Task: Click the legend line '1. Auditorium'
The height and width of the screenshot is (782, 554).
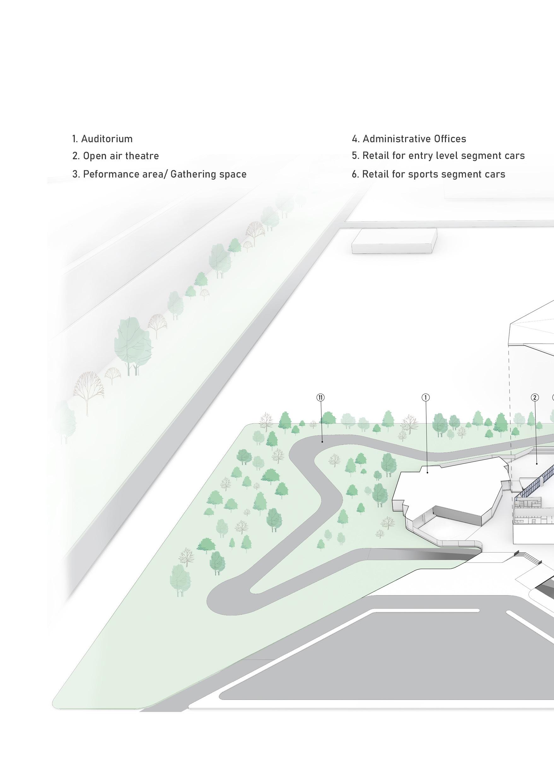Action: tap(102, 139)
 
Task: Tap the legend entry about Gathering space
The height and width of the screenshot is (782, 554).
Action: tap(159, 174)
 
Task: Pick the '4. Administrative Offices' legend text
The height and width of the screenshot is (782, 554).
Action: tap(409, 139)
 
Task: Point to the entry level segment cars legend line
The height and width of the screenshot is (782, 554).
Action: tap(438, 155)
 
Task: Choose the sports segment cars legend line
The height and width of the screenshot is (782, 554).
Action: tap(429, 174)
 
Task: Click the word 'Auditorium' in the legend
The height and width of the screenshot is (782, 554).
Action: tap(107, 139)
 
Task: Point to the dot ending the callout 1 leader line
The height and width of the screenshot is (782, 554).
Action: tap(428, 473)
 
